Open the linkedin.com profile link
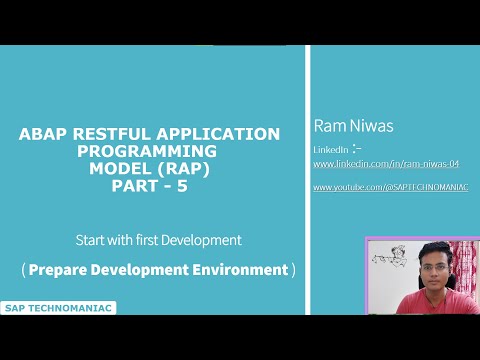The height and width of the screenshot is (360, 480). coord(371,163)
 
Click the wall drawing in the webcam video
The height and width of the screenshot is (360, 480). coord(386,258)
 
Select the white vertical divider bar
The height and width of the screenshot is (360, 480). coord(307,180)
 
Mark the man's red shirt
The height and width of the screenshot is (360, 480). coord(433,304)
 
